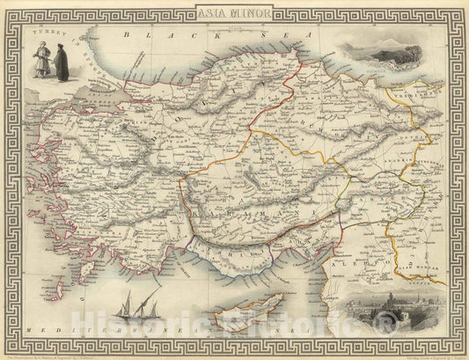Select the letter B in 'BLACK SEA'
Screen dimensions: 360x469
click(127, 35)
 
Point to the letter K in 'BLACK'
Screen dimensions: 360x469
click(162, 35)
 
